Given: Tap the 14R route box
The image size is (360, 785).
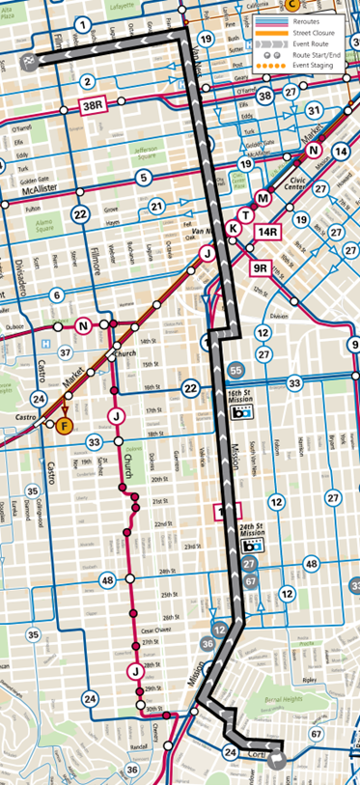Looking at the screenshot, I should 267,232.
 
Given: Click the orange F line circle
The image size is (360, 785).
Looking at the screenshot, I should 65,426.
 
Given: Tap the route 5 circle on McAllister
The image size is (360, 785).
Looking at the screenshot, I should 144,177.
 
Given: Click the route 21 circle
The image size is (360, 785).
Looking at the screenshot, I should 157,206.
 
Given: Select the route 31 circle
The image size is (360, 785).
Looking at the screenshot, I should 313,110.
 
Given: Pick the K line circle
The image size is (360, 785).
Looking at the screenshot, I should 233,229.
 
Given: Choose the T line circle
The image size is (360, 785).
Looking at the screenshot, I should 247,213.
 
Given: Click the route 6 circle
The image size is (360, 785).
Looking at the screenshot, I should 57,296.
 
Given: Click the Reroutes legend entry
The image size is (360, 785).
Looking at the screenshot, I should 326,20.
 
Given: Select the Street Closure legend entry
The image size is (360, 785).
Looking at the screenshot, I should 330,31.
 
